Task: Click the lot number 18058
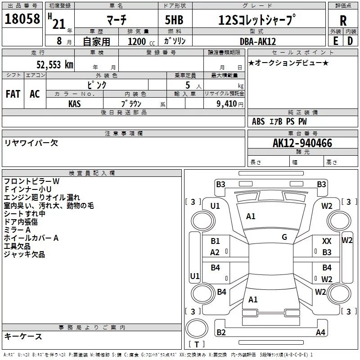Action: [x=22, y=20]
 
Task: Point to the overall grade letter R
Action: [x=343, y=21]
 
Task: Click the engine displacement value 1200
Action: [x=137, y=41]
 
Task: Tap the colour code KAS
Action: [x=75, y=103]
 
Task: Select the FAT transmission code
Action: [x=13, y=94]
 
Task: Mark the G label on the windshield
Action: [x=284, y=237]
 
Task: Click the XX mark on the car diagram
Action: [x=327, y=242]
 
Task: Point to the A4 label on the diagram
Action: [x=320, y=333]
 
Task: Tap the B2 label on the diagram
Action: [x=221, y=333]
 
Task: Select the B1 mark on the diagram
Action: [x=216, y=242]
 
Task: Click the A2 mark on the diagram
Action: [x=215, y=252]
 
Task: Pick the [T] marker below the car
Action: [x=197, y=345]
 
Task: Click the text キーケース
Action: [x=23, y=337]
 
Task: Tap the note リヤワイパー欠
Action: [x=31, y=143]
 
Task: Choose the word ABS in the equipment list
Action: [x=258, y=121]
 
